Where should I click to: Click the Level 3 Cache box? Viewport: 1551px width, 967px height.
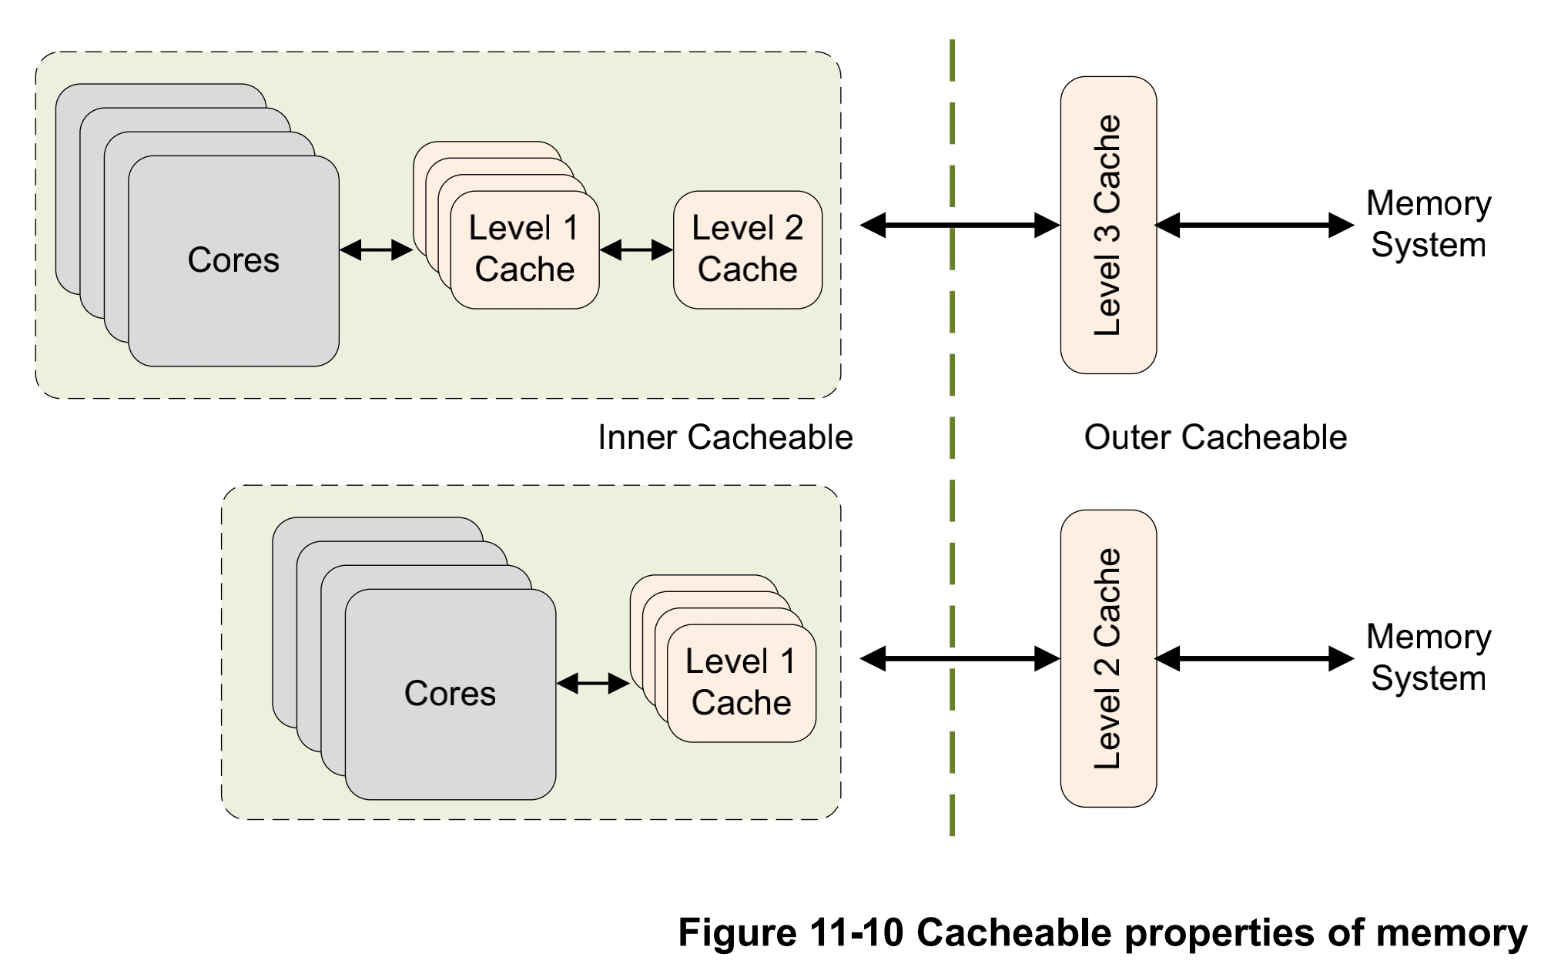click(x=1107, y=225)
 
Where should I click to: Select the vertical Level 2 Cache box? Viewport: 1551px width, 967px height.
click(x=1107, y=658)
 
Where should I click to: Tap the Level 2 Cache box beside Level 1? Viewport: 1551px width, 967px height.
click(x=747, y=249)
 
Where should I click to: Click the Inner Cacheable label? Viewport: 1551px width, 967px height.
click(x=725, y=437)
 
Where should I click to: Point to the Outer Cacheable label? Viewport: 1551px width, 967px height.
click(x=1215, y=437)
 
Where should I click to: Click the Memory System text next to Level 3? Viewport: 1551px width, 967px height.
click(x=1428, y=224)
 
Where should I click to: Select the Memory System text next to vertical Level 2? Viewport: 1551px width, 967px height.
click(x=1428, y=657)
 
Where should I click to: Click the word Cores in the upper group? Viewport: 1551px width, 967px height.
click(x=233, y=260)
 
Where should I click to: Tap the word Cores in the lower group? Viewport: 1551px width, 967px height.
click(x=450, y=694)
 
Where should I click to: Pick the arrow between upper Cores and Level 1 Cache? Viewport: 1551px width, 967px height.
click(x=376, y=249)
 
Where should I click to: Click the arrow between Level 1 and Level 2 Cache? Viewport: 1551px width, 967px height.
click(x=636, y=249)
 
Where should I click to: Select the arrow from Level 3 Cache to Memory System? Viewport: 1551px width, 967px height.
click(x=1254, y=225)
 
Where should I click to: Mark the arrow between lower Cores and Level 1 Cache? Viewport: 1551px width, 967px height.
click(x=593, y=683)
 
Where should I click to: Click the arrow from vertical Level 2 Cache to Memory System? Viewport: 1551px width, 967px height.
click(x=1254, y=658)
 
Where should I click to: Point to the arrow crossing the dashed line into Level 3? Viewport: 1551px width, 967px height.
click(x=960, y=225)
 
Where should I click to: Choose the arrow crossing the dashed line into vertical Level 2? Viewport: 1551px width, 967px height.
click(x=960, y=658)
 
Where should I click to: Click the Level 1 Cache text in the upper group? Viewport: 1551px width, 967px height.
click(x=524, y=249)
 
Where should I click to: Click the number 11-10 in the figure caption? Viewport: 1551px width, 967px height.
click(x=856, y=933)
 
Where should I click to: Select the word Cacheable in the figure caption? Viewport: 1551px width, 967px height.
click(x=1014, y=933)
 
